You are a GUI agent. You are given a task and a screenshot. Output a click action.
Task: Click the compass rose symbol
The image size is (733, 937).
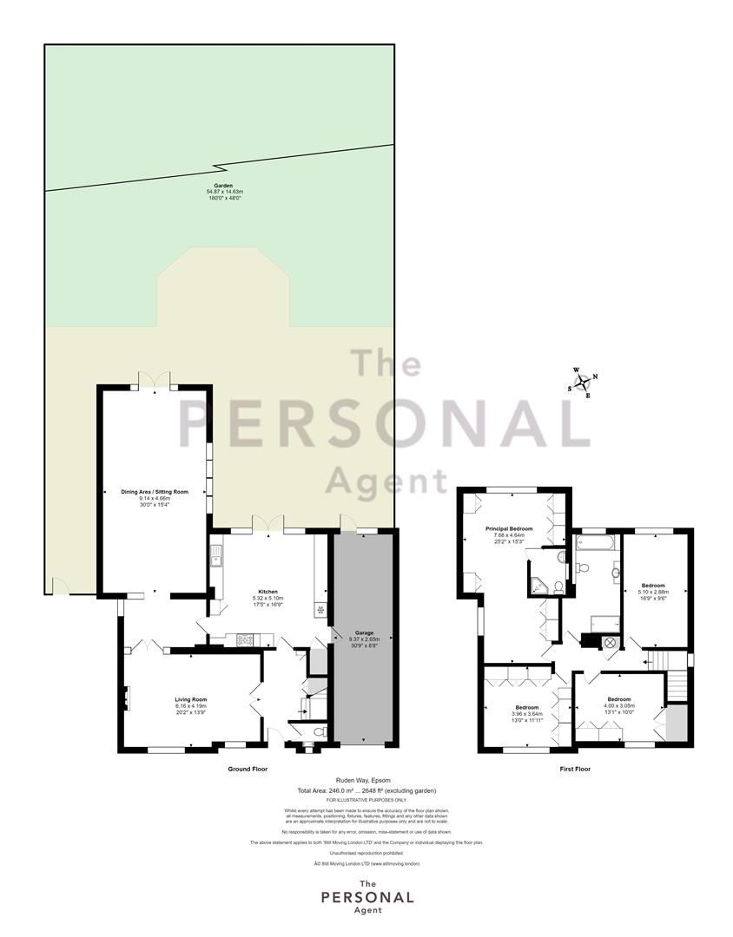click(583, 383)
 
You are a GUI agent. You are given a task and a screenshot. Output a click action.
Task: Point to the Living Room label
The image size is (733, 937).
click(190, 699)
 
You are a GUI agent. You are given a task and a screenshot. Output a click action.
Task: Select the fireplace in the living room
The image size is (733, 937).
click(126, 698)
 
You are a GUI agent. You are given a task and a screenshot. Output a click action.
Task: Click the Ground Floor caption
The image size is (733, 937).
click(248, 769)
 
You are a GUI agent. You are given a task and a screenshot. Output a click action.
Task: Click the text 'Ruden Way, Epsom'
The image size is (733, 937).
click(366, 780)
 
